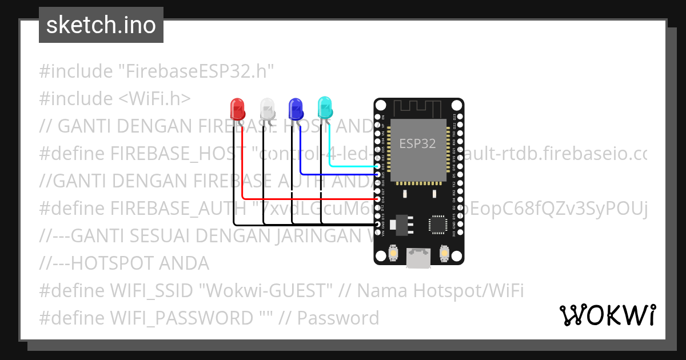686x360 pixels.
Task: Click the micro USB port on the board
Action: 418,258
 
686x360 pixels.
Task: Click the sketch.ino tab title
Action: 101,25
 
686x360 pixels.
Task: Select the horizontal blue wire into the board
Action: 337,174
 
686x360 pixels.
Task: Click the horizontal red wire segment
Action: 309,198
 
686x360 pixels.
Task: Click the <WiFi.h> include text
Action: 154,99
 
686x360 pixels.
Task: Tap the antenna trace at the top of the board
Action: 418,107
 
